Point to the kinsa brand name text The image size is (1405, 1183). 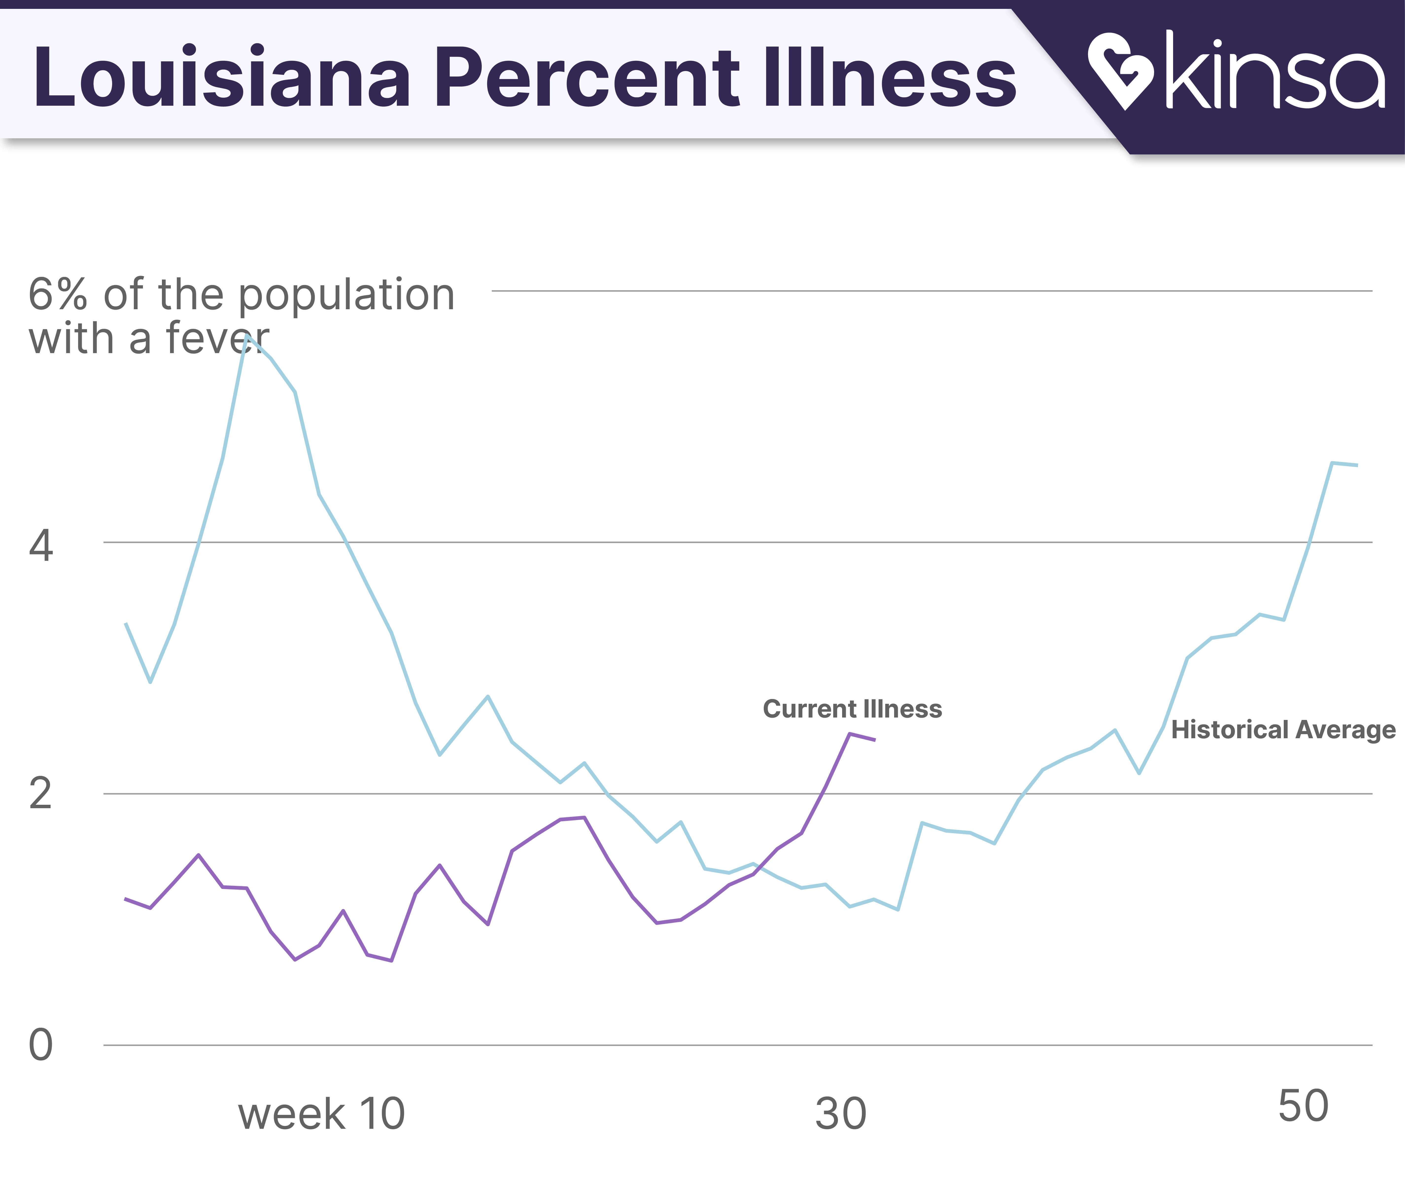(1274, 70)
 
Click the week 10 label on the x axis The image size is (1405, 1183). (322, 1114)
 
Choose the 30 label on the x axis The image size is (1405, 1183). (841, 1114)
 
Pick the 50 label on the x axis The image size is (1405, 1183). (1303, 1107)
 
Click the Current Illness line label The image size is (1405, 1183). (852, 709)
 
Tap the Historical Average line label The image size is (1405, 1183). (1283, 730)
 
